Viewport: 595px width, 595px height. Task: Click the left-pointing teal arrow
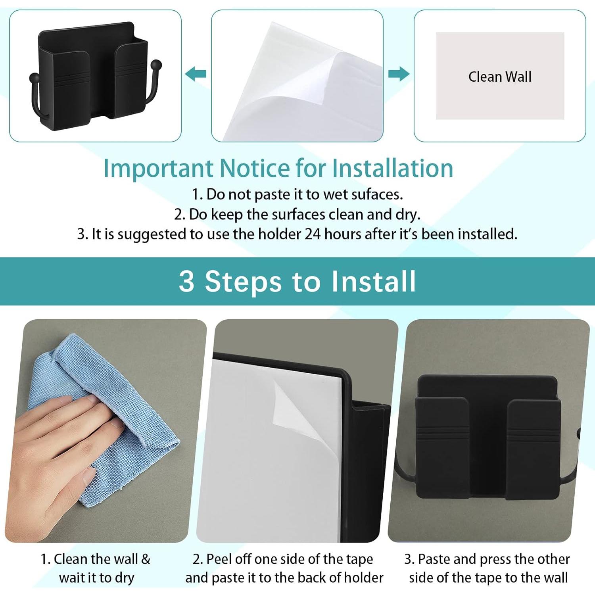(x=196, y=74)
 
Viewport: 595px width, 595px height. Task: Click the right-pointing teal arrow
(x=399, y=74)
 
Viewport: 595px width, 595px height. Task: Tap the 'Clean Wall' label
(x=500, y=77)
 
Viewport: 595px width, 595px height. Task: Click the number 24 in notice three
(x=313, y=234)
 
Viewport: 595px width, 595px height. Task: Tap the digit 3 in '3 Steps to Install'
(x=186, y=281)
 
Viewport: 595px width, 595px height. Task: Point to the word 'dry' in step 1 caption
(x=124, y=578)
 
